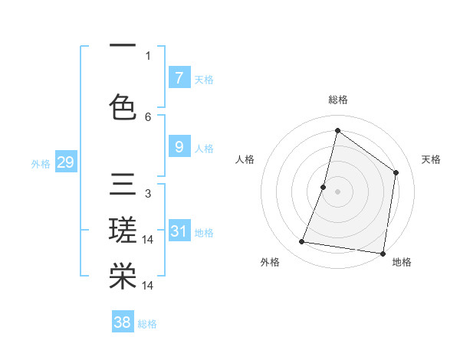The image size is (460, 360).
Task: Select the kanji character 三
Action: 123,185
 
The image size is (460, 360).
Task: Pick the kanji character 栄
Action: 123,276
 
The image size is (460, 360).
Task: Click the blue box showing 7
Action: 179,77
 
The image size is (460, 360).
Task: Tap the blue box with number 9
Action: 179,147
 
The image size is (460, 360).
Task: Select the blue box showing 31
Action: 179,231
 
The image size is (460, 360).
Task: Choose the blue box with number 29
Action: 65,162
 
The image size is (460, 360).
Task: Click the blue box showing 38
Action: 123,322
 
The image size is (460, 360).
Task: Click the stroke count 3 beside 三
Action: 148,194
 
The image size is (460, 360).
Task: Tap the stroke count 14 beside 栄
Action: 149,285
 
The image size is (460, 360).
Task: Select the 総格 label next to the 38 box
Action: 147,324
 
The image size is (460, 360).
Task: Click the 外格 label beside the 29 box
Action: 41,163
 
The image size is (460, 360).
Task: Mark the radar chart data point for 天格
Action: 396,172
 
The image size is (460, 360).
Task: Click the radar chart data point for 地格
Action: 383,253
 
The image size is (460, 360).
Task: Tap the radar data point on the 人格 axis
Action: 324,187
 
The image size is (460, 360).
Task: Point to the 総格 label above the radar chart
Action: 337,100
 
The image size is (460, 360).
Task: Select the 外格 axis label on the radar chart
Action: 270,262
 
